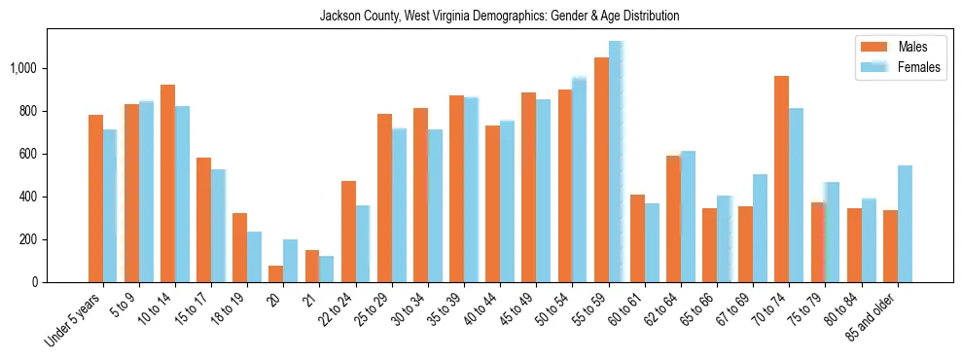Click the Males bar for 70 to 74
click(781, 179)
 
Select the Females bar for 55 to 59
click(616, 162)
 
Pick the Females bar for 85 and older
click(905, 224)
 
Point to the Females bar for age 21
click(327, 269)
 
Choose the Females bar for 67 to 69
click(760, 228)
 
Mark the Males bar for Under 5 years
click(95, 198)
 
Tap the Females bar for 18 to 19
click(254, 257)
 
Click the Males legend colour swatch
click(873, 47)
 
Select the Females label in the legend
click(919, 67)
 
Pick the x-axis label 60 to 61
click(626, 311)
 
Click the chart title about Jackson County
click(499, 17)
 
